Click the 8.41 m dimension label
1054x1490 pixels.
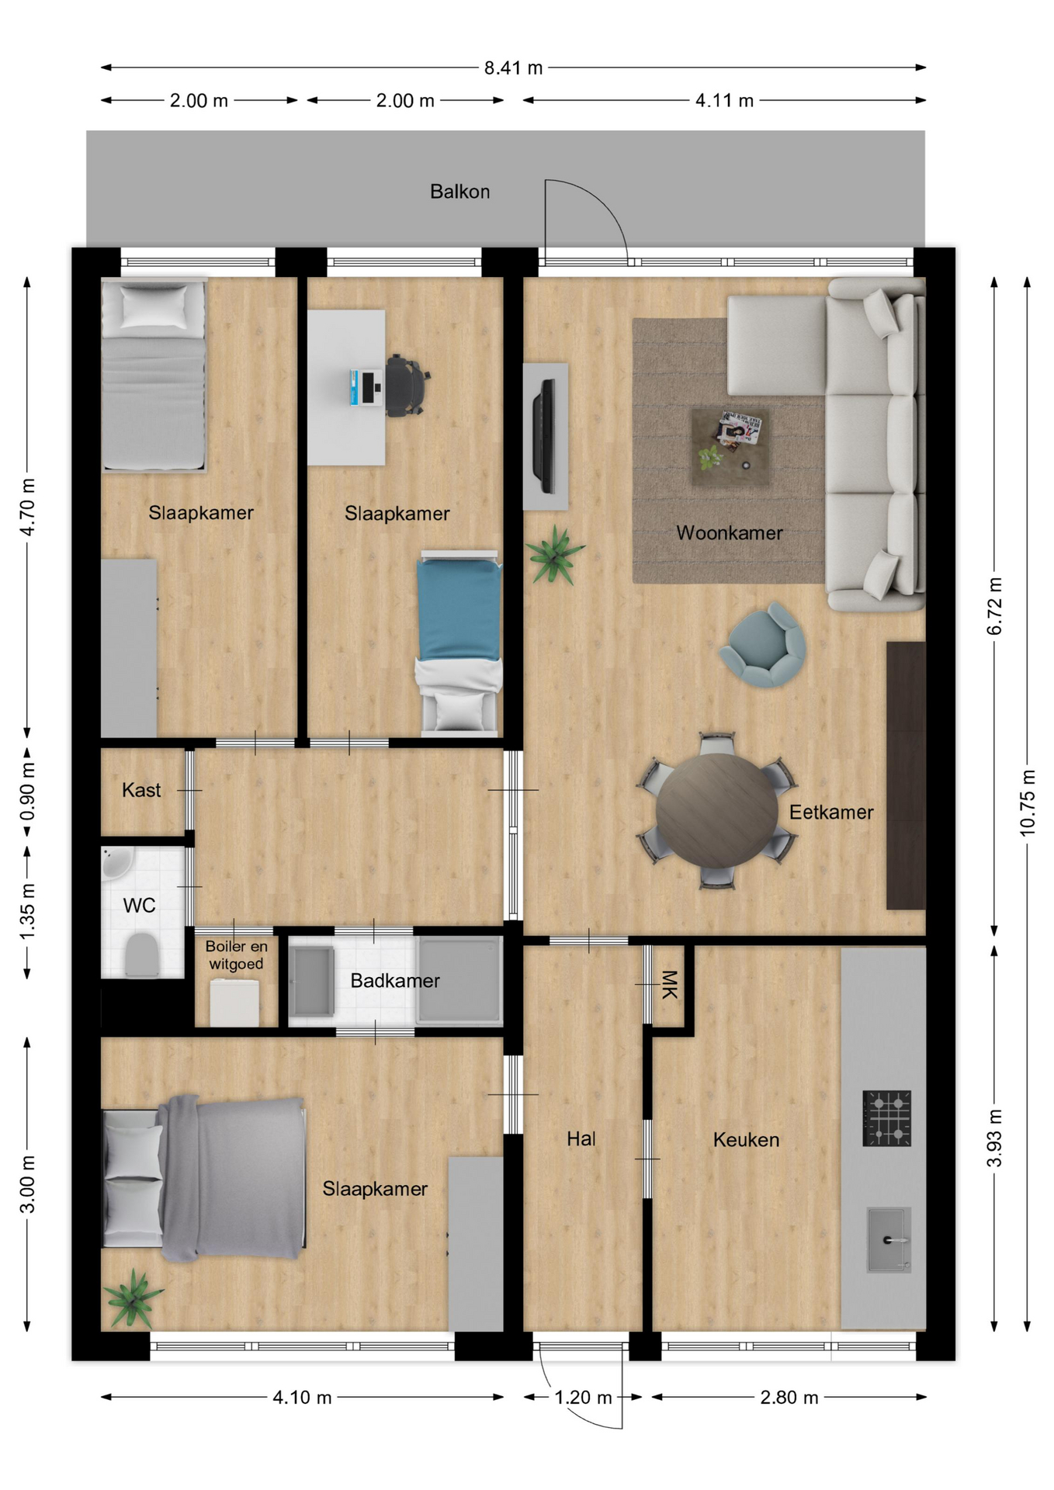click(x=513, y=68)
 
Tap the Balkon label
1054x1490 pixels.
click(x=459, y=192)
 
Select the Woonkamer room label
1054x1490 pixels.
click(x=729, y=533)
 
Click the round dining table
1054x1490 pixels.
click(x=716, y=810)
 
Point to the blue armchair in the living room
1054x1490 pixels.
click(x=763, y=645)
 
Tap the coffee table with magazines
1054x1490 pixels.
click(x=730, y=447)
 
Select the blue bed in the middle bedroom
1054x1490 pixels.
click(x=459, y=643)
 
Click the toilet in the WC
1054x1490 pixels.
click(x=141, y=955)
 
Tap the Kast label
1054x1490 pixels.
click(x=141, y=790)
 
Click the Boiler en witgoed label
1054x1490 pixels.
click(x=236, y=955)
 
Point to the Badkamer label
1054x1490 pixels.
click(x=395, y=981)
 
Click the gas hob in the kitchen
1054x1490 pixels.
click(x=886, y=1118)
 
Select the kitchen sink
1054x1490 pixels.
click(x=889, y=1239)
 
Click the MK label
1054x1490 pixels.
click(x=669, y=984)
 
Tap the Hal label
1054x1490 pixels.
click(x=581, y=1138)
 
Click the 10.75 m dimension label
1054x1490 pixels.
click(x=1027, y=802)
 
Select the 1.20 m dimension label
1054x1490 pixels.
click(x=583, y=1398)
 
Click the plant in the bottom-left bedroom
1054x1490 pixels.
click(x=133, y=1298)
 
